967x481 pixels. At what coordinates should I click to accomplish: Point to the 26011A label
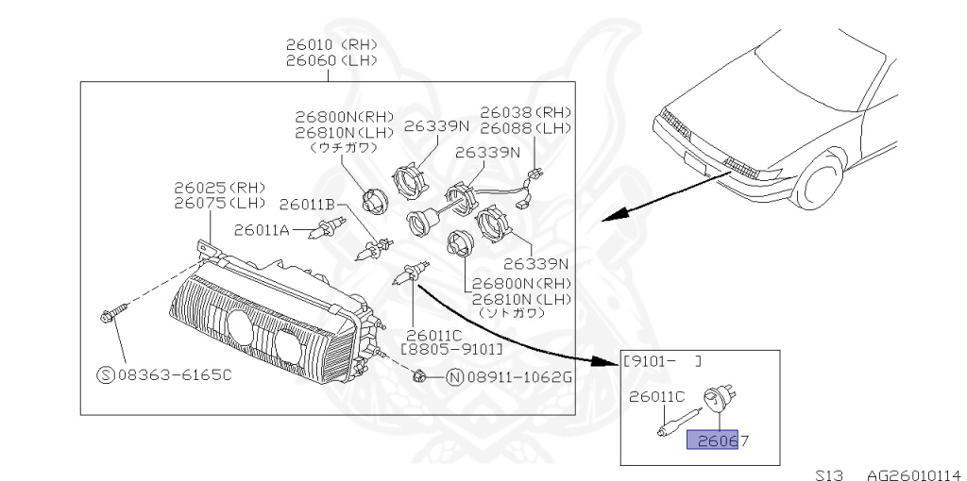262,229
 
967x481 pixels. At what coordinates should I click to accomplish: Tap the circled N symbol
454,378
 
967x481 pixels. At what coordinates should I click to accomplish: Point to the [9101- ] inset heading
662,360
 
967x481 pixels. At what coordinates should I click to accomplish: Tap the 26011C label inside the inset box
657,397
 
